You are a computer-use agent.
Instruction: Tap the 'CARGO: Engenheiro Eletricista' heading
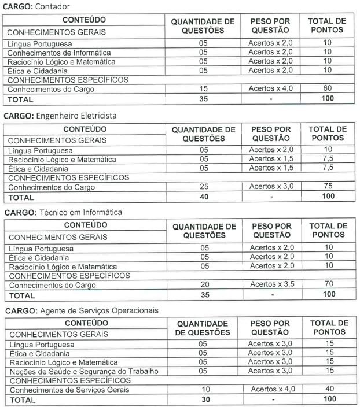click(x=61, y=115)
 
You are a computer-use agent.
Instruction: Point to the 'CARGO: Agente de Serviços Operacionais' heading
click(x=82, y=310)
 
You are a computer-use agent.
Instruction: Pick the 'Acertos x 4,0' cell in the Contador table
click(x=271, y=89)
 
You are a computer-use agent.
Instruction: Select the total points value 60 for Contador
click(x=328, y=89)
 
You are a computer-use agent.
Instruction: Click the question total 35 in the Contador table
click(x=203, y=99)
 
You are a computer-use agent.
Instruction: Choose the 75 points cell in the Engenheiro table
click(x=328, y=187)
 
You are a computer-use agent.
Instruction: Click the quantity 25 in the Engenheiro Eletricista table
click(x=203, y=187)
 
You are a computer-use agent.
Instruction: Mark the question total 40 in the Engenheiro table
click(x=203, y=197)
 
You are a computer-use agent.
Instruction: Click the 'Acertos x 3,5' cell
click(x=271, y=284)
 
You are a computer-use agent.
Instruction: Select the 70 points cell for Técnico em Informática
click(x=328, y=284)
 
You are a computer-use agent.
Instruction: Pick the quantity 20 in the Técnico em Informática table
click(x=204, y=284)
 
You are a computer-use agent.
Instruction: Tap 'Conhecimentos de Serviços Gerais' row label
click(x=69, y=390)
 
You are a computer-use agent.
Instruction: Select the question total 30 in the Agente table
click(x=203, y=399)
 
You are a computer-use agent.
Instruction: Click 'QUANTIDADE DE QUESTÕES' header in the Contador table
click(x=203, y=26)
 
